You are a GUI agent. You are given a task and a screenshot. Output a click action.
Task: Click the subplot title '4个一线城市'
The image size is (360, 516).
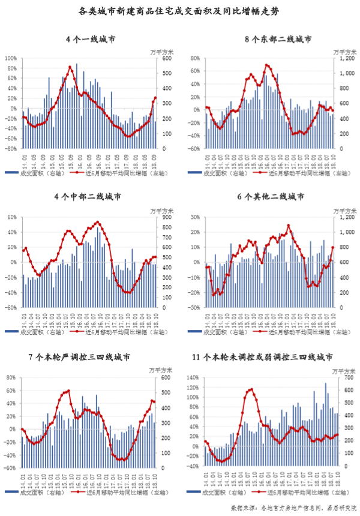tap(91, 40)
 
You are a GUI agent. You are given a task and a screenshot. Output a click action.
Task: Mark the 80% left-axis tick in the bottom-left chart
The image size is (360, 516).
tap(11, 378)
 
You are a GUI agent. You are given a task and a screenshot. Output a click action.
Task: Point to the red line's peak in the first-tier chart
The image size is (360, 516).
tap(70, 67)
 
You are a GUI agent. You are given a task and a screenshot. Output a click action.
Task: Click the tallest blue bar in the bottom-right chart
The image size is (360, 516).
tap(326, 384)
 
